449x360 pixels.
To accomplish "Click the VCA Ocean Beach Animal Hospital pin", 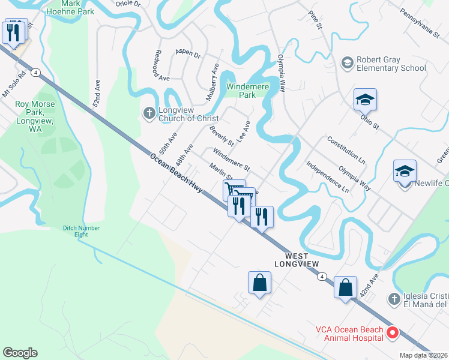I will pyautogui.click(x=393, y=332).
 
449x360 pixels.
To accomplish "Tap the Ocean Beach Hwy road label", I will pyautogui.click(x=176, y=175).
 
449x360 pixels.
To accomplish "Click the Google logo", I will pyautogui.click(x=20, y=353).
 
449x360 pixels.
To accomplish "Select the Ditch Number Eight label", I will pyautogui.click(x=82, y=231).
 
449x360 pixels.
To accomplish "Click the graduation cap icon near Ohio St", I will pyautogui.click(x=364, y=100).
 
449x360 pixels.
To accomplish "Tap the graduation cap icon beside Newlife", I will pyautogui.click(x=405, y=171).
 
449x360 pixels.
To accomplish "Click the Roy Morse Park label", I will pyautogui.click(x=35, y=112).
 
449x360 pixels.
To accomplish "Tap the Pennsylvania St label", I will pyautogui.click(x=420, y=23).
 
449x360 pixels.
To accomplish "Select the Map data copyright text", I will pyautogui.click(x=424, y=355).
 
